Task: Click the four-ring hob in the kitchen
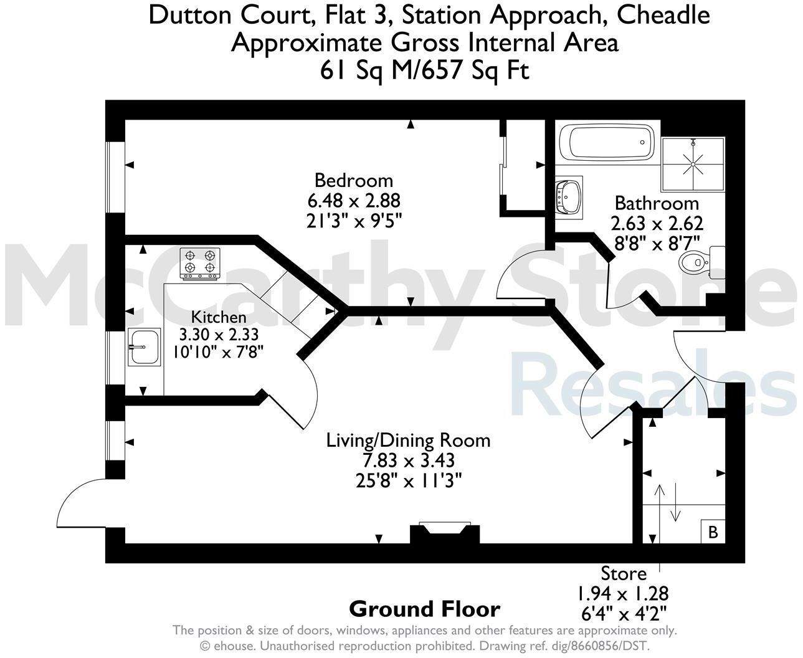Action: click(201, 263)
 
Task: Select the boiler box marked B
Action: click(713, 532)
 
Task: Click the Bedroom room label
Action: click(354, 180)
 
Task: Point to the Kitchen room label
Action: click(219, 317)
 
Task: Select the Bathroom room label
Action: click(657, 203)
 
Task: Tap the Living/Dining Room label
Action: click(409, 440)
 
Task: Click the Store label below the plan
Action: click(623, 573)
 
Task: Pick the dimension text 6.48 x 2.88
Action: click(354, 201)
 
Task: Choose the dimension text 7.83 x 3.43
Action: click(409, 460)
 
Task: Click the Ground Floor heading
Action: click(424, 609)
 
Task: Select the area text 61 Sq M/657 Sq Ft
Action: click(424, 70)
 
